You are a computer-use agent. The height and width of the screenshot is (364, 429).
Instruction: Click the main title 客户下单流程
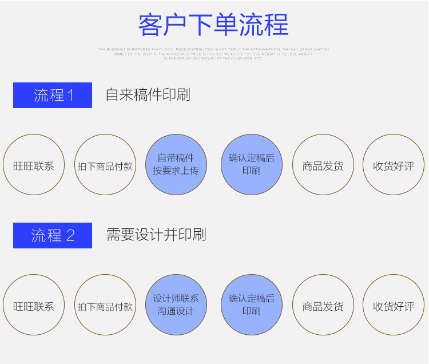click(213, 25)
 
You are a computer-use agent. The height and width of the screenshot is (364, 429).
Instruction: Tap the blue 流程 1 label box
click(53, 95)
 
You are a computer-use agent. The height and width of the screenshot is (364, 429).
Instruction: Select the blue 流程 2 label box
click(53, 235)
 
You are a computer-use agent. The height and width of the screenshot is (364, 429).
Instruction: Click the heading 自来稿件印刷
click(148, 95)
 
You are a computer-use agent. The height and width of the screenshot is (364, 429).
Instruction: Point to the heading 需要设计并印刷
click(156, 235)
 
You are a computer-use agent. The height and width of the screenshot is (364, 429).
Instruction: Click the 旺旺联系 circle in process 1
click(34, 165)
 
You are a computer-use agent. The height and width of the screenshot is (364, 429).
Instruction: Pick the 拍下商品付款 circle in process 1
click(105, 165)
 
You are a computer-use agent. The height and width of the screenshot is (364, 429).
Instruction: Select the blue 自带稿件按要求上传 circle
click(176, 165)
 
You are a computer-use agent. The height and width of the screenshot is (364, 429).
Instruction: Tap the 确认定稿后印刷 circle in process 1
click(252, 165)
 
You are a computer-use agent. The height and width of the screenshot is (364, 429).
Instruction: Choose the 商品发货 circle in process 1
click(323, 165)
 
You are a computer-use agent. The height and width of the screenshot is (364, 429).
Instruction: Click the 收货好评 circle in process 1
click(394, 165)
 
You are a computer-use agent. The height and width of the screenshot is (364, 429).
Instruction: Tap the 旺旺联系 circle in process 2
click(34, 305)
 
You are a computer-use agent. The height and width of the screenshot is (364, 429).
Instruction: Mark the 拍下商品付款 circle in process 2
click(105, 305)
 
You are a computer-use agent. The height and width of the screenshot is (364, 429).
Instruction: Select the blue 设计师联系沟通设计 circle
click(176, 305)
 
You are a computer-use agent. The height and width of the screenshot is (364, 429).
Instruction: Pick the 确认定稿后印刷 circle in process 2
click(252, 305)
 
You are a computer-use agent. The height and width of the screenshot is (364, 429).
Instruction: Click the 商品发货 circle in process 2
click(323, 305)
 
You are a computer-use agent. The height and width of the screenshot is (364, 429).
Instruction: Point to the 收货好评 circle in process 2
click(394, 305)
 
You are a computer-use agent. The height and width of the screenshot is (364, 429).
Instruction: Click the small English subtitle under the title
click(213, 54)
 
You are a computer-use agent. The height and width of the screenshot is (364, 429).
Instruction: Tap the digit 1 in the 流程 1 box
click(71, 96)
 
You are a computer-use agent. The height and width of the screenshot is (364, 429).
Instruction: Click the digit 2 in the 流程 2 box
click(71, 236)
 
